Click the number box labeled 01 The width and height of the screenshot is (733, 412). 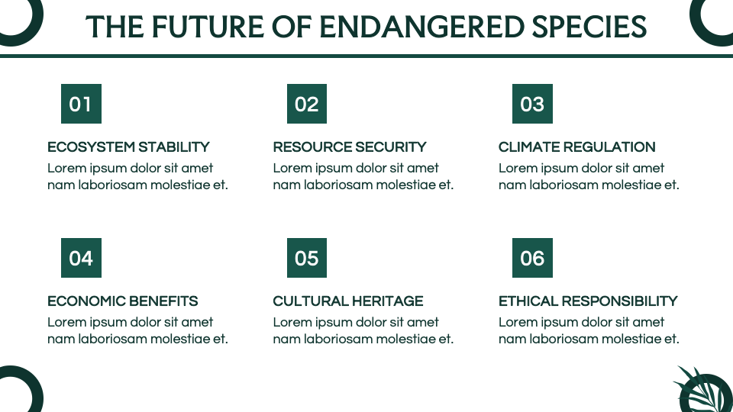(81, 104)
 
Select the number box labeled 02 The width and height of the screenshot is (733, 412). (306, 104)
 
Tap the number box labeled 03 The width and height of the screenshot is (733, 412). (532, 104)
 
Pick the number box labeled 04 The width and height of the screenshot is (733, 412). (81, 258)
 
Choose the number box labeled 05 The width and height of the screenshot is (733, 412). (306, 258)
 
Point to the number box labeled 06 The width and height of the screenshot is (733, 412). (532, 258)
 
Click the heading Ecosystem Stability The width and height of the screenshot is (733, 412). (128, 147)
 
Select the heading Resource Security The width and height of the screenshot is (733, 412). (350, 147)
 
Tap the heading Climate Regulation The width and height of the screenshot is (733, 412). (576, 147)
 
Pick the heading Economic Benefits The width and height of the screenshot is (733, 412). (122, 301)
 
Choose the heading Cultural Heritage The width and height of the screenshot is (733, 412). (347, 301)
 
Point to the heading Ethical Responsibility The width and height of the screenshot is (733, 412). (588, 301)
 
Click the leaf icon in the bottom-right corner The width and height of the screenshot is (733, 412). (702, 391)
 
